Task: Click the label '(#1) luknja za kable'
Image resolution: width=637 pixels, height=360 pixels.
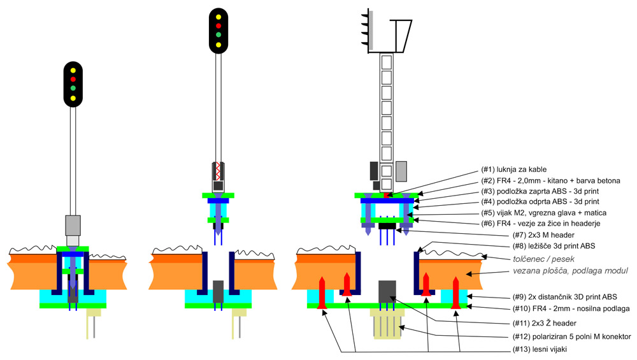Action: coord(514,169)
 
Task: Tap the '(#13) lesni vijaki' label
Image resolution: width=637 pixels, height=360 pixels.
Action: coord(540,349)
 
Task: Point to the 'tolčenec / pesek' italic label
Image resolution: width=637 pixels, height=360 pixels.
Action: coord(543,259)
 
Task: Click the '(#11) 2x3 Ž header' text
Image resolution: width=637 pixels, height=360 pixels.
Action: coord(545,323)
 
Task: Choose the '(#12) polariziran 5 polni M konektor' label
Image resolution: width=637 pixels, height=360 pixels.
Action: coord(572,336)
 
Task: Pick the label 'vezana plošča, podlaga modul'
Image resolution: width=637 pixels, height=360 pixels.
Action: coord(570,271)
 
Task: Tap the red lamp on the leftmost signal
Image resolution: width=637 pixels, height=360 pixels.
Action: coord(73,79)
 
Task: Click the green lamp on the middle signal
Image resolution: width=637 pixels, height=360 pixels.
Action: coord(218,34)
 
